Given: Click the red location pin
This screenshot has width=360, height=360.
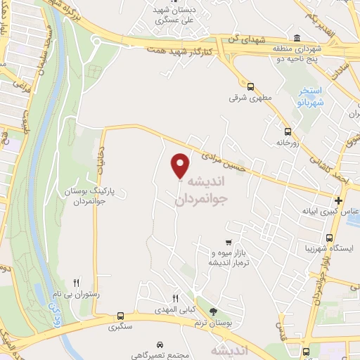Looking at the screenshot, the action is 181,165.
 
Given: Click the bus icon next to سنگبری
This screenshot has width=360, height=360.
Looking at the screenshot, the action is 120,316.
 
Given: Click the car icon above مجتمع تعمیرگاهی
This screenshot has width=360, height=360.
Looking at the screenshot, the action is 161,345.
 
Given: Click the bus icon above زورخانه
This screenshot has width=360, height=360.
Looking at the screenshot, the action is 287,131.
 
